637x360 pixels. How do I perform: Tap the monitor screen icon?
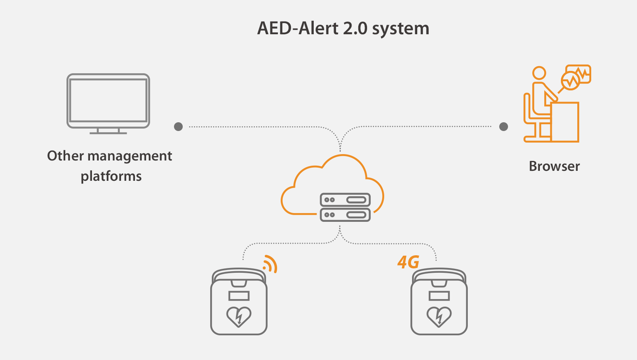coord(108,100)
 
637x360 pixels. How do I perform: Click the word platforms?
coord(111,176)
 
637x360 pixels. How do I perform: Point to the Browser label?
coord(554,166)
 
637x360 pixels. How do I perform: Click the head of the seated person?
coord(539,73)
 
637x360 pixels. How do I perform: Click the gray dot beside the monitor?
coord(178,127)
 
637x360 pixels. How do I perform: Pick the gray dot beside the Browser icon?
coord(504,127)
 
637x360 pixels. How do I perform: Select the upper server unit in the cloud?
coord(345,200)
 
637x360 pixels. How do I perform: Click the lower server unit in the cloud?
coord(345,215)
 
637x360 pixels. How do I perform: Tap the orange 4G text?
coord(408,262)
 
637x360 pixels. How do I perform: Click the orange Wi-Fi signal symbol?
coord(270,264)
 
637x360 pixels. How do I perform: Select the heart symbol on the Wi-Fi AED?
coord(239,317)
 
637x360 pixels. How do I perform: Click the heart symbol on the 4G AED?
coord(439,317)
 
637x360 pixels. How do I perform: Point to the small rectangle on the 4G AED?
coord(439,296)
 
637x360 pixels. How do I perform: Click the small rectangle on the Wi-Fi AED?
coord(239,296)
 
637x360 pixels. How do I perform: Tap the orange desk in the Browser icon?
coord(565,122)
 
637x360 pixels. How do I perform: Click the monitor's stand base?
coord(108,133)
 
